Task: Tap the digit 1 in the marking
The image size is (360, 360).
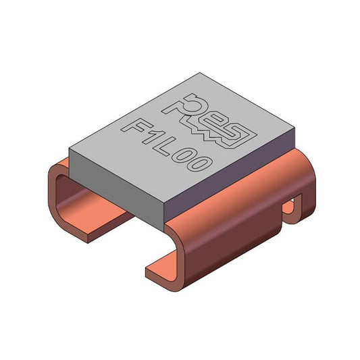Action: [x=153, y=139]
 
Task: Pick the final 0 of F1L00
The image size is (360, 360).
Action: [x=199, y=164]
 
